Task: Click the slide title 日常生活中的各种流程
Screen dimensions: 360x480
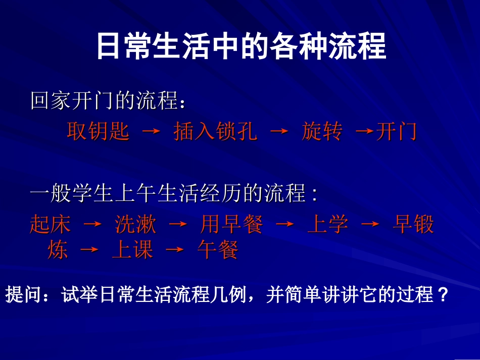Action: click(x=241, y=46)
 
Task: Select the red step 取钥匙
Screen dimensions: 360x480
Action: click(x=98, y=132)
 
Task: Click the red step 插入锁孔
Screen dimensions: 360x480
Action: click(x=215, y=132)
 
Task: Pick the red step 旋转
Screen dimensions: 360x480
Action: click(x=322, y=132)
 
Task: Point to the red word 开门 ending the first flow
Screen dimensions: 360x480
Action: click(x=396, y=132)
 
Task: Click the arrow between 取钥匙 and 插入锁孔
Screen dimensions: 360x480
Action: click(x=151, y=133)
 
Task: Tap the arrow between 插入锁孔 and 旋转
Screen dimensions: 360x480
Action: click(x=279, y=133)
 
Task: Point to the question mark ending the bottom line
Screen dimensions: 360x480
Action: click(x=444, y=294)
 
